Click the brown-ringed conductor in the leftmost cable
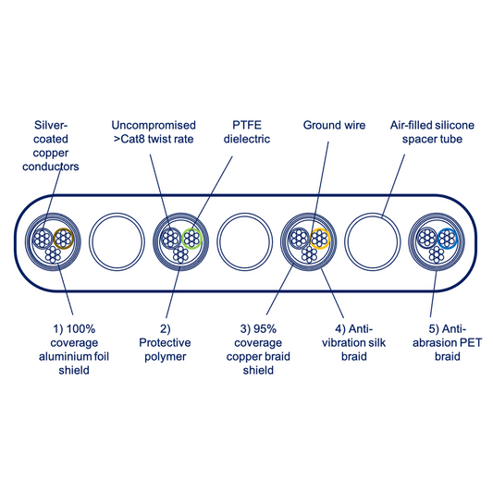pos(64,239)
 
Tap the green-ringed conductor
pos(191,239)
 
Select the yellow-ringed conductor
pos(319,239)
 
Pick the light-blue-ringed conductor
pos(447,239)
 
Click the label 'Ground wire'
pos(334,125)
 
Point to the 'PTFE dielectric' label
pos(247,132)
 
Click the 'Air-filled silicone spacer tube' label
pos(432,132)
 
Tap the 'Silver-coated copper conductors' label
pos(51,146)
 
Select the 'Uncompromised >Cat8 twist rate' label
pos(154,132)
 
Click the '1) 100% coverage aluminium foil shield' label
pos(74,350)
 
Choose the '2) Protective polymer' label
pos(165,343)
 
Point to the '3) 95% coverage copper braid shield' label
pos(258,350)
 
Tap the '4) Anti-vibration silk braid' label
pos(353,343)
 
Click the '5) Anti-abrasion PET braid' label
pos(447,343)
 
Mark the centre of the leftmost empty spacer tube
pos(117,241)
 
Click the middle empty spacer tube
pos(244,241)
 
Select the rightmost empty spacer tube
pos(372,241)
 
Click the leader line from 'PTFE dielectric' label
pos(212,192)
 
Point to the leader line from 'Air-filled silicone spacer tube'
pos(393,186)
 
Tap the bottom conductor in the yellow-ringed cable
pos(309,254)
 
